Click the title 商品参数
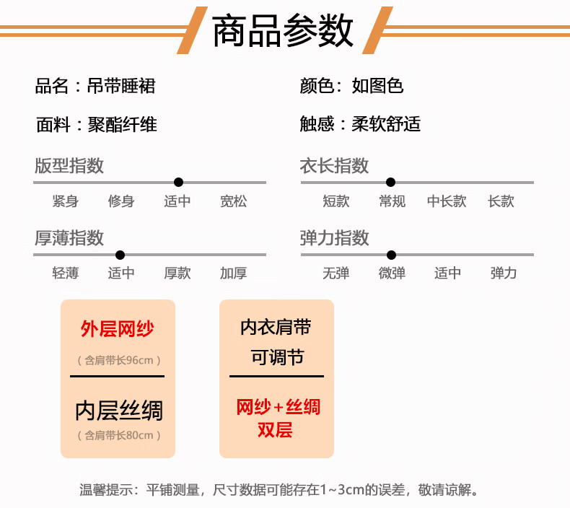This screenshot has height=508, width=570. coord(282,30)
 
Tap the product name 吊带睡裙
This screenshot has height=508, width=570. coord(121,86)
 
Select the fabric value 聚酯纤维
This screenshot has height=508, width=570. coord(123,124)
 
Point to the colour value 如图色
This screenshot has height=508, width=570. coord(377,86)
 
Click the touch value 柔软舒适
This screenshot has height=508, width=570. coord(386,124)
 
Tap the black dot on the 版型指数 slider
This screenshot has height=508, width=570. coord(178,182)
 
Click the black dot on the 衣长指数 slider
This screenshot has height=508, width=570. coord(391,182)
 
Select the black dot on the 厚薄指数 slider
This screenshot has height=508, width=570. coord(120,255)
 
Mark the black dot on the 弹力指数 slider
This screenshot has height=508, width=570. coord(392,255)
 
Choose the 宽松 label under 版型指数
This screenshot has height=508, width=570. coord(233,201)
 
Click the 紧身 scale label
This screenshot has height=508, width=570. coord(66,201)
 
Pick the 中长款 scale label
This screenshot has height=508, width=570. coord(447,201)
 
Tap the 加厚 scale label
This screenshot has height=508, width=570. coord(233,273)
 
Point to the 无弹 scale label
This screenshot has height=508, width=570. coord(336,273)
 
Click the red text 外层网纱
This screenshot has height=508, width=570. coord(118,329)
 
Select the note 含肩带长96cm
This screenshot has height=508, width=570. coord(119,360)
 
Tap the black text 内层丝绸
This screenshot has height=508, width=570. coord(119,411)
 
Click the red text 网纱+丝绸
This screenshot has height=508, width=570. coord(278,407)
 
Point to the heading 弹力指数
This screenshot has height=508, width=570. coord(335,238)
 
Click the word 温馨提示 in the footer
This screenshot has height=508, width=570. coord(106,490)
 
